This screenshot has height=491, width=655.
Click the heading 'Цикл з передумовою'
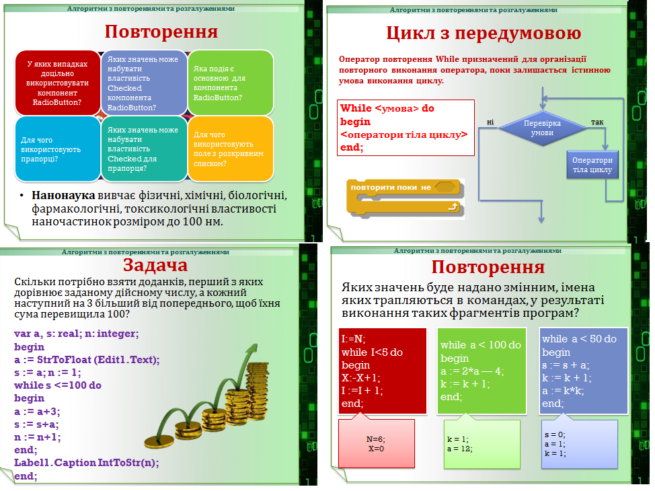[x=483, y=34]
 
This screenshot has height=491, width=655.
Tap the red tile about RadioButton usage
[x=57, y=83]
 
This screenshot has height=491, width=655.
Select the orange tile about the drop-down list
[x=231, y=149]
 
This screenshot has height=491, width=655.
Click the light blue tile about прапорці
[x=57, y=149]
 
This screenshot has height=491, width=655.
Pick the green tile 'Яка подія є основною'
[x=231, y=83]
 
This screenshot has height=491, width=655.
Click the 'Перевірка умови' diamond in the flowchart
[x=542, y=128]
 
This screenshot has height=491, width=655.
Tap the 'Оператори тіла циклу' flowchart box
[x=592, y=165]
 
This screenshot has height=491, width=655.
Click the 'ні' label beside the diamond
[x=490, y=122]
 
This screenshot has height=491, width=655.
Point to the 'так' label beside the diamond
[x=596, y=122]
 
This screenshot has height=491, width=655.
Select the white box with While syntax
[x=406, y=127]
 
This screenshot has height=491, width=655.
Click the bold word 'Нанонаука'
[x=61, y=196]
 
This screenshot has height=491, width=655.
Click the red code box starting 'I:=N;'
[x=383, y=371]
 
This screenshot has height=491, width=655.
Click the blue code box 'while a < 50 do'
[x=584, y=371]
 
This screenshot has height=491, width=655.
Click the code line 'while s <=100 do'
[x=58, y=385]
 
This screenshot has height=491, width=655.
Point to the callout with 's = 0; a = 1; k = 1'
[x=580, y=444]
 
